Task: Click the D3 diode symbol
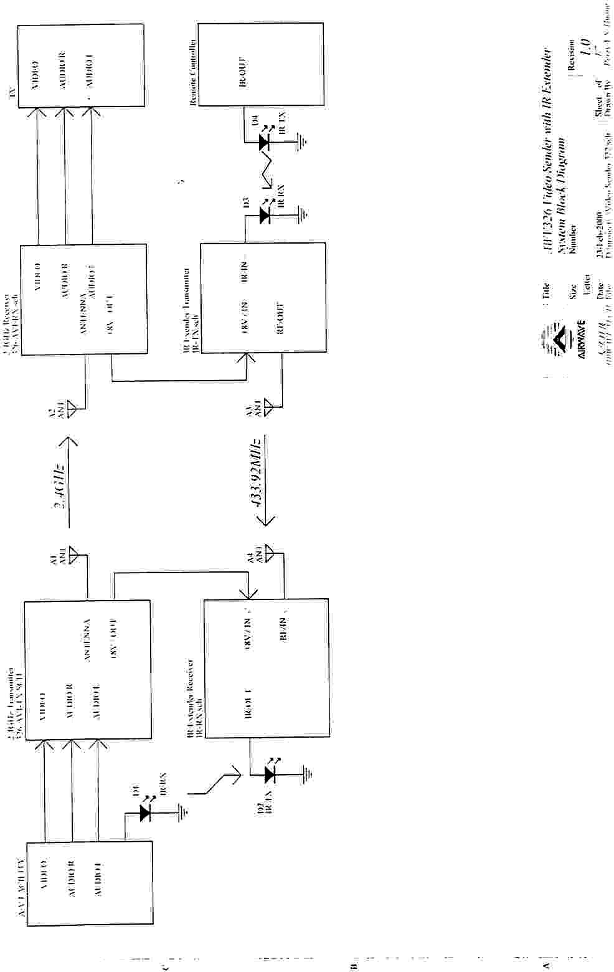click(264, 216)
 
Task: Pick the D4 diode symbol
click(263, 143)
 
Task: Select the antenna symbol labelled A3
click(268, 408)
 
